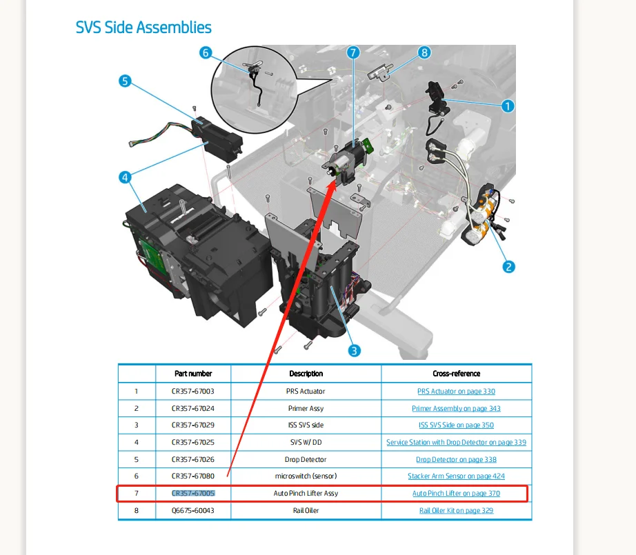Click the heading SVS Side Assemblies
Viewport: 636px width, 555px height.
(143, 28)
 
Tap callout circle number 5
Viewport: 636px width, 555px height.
(125, 81)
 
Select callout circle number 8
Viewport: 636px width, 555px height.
(424, 52)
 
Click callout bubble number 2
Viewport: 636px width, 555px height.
(509, 267)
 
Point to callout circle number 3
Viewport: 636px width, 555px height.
(354, 350)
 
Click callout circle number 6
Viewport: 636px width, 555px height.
(206, 52)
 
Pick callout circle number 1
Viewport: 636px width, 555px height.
(508, 106)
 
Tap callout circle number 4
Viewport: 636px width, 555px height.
(125, 177)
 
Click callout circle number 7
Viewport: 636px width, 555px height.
(353, 52)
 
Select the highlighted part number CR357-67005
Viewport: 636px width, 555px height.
(193, 494)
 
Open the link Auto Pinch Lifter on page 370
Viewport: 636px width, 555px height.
(456, 494)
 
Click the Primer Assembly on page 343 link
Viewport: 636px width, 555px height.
(456, 408)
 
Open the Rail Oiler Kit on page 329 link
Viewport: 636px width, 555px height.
(456, 511)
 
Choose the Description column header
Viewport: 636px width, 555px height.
(306, 374)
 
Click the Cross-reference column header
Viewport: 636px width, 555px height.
(456, 374)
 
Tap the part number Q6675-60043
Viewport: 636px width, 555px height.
(193, 511)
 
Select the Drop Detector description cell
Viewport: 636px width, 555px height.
(306, 459)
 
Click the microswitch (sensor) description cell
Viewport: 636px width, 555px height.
(306, 476)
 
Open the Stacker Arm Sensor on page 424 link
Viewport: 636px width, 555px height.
(456, 476)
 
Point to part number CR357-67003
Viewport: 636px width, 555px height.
(193, 391)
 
